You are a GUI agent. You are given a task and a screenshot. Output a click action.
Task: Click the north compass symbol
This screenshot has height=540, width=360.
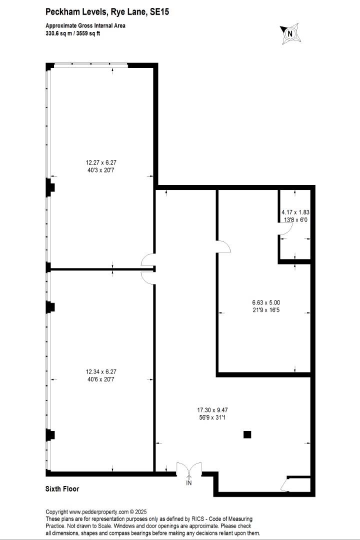289,33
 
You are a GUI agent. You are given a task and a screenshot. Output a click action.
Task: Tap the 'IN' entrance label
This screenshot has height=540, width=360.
189,483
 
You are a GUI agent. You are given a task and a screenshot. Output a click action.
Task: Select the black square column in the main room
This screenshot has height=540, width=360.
247,434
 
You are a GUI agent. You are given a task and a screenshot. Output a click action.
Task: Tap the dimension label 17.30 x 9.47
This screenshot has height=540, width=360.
213,409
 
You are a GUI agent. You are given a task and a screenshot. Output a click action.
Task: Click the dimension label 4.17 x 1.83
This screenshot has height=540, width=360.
295,211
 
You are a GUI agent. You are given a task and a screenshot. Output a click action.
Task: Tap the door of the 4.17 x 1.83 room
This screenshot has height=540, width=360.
285,229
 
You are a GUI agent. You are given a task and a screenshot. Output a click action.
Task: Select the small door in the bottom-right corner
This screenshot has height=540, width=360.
287,484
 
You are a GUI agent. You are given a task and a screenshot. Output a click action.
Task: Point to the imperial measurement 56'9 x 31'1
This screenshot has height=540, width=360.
213,417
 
